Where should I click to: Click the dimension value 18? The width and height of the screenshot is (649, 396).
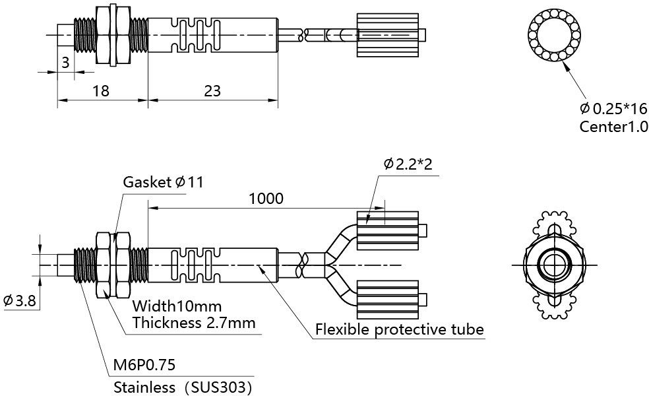100,90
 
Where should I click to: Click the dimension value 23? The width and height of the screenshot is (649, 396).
212,90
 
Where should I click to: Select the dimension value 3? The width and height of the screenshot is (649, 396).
65,63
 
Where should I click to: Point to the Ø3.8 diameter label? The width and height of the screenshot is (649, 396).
19,302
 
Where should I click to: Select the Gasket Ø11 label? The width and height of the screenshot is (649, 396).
163,182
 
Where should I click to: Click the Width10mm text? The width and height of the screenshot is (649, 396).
177,306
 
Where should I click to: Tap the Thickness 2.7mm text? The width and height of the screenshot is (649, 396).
193,323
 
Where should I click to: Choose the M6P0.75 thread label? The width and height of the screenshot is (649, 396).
144,365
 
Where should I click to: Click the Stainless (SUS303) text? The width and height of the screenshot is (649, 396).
183,386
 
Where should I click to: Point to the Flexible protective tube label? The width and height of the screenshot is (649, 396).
399,329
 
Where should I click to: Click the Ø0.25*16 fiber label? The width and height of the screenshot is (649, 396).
614,109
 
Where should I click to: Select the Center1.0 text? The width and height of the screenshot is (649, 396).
613,126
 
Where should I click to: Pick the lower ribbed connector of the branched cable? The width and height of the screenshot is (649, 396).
387,300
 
